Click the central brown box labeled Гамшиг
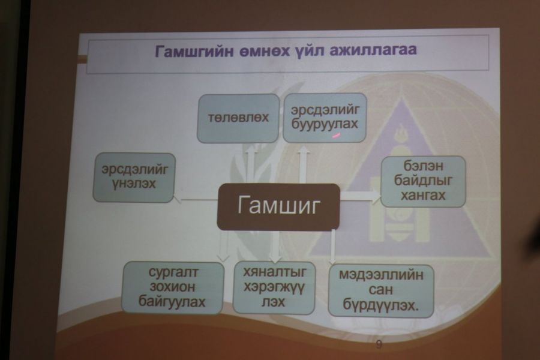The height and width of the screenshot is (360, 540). pos(278,206)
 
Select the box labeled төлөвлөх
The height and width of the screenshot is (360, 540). pos(238,118)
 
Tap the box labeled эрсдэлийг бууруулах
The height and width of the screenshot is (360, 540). pos(325,118)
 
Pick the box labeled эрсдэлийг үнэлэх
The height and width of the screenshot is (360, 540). pos(134,178)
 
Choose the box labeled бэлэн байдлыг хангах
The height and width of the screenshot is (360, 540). pos(423,181)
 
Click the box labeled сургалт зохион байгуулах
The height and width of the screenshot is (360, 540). pos(172,287)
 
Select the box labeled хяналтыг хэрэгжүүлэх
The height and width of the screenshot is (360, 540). pos(274,287)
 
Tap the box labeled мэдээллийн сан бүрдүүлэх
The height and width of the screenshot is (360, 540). pos(381,290)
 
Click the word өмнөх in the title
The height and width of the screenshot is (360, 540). pos(260,50)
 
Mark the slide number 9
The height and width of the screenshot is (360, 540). pos(379,344)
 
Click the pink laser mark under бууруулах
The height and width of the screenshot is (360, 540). pos(336,136)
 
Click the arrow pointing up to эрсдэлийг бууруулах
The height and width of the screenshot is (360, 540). pos(303,164)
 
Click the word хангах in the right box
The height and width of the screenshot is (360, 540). pos(423,196)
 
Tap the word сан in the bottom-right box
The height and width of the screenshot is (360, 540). pos(380,290)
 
